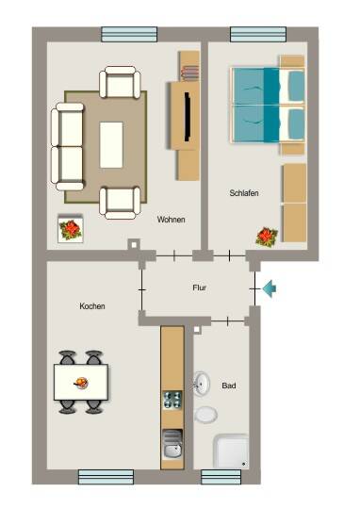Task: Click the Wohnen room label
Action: click(172, 220)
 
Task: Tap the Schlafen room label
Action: click(244, 193)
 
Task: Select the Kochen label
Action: click(92, 306)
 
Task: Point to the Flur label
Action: click(199, 287)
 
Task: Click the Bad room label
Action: click(229, 386)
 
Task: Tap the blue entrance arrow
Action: click(270, 289)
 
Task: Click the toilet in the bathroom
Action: click(205, 415)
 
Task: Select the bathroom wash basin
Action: click(202, 384)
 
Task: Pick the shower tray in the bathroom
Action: click(231, 452)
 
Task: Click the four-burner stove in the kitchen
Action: click(172, 400)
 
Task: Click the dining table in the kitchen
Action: click(81, 382)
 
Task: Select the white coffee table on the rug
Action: click(111, 145)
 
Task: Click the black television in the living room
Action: click(188, 117)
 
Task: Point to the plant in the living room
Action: click(70, 228)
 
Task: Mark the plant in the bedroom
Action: click(267, 237)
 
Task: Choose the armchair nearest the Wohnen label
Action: click(120, 203)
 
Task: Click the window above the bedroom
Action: click(258, 35)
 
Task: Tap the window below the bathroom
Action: click(221, 477)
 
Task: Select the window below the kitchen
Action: click(106, 477)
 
